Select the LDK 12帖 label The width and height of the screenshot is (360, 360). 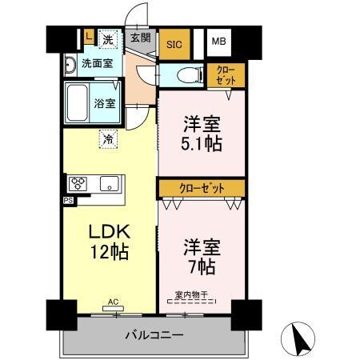110,240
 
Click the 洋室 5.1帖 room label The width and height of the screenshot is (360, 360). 201,134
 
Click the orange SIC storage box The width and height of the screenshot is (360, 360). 174,44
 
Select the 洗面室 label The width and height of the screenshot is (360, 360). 97,63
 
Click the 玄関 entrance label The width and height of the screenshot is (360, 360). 140,37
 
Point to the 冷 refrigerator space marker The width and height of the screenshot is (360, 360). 108,138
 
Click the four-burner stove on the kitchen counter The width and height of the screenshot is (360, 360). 79,183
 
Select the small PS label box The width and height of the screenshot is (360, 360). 68,200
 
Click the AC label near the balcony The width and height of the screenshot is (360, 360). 113,302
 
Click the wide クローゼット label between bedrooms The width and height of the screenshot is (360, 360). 201,188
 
